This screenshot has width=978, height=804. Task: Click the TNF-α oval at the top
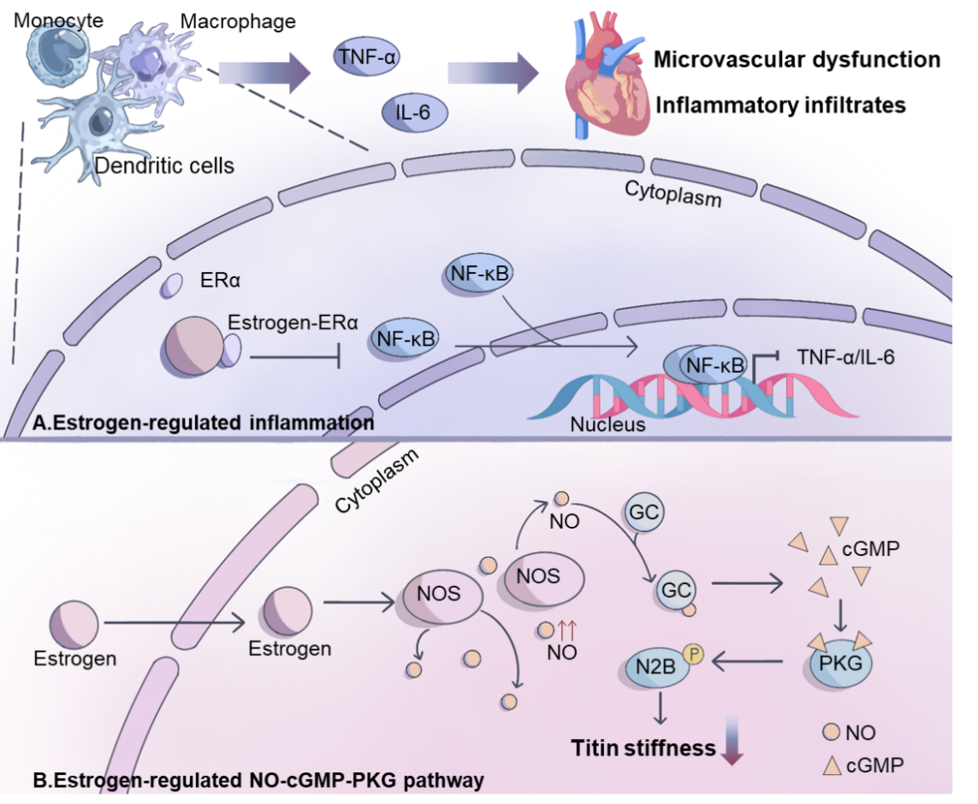[367, 57]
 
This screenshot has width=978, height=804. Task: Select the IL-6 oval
[414, 112]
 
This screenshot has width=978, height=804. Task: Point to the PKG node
[839, 663]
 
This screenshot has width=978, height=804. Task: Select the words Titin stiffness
[643, 748]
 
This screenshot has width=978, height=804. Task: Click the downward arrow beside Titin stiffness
[732, 740]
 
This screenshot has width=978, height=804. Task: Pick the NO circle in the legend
[832, 731]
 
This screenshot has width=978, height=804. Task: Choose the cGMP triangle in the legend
[832, 766]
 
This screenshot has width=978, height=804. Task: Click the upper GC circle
[643, 512]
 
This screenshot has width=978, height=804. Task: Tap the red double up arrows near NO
[567, 630]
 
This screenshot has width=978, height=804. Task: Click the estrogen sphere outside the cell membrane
[74, 624]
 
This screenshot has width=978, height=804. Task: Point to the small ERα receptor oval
[171, 286]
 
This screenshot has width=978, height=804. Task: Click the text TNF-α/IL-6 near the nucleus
[845, 357]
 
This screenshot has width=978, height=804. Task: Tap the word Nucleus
[608, 424]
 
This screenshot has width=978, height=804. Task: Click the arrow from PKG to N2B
[747, 661]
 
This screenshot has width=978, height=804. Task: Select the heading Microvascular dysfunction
[797, 59]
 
